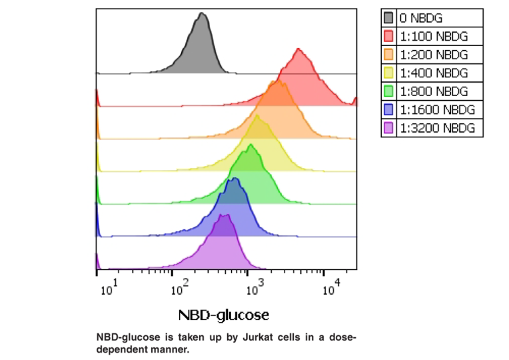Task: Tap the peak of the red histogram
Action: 298,49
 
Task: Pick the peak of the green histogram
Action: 251,145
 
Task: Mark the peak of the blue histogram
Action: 233,179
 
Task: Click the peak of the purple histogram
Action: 225,215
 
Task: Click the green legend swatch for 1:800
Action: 388,91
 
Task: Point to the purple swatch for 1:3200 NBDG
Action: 388,128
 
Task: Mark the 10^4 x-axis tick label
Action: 331,288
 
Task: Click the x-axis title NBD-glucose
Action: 224,314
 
